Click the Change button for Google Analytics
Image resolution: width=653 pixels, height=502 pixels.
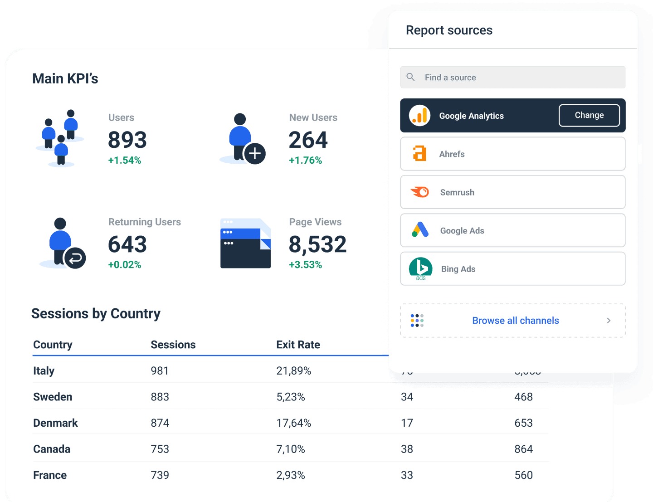pyautogui.click(x=589, y=116)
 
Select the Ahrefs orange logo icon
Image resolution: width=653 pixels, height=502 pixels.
pyautogui.click(x=420, y=154)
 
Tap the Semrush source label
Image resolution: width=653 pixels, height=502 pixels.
pyautogui.click(x=457, y=192)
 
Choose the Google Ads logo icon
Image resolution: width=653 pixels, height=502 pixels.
pyautogui.click(x=420, y=230)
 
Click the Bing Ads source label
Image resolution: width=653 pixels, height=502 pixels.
pyautogui.click(x=458, y=269)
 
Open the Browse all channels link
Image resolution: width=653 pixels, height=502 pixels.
pyautogui.click(x=516, y=321)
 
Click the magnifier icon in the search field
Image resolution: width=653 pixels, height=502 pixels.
pyautogui.click(x=411, y=77)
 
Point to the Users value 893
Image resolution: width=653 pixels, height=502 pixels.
pyautogui.click(x=127, y=140)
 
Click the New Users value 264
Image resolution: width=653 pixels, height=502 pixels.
pyautogui.click(x=308, y=140)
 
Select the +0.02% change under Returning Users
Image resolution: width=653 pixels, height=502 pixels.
pyautogui.click(x=125, y=265)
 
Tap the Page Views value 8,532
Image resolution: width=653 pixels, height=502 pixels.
pyautogui.click(x=318, y=244)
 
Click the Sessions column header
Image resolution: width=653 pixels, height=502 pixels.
pyautogui.click(x=173, y=345)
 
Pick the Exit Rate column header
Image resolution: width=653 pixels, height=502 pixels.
pyautogui.click(x=298, y=345)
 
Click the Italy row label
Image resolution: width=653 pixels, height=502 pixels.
pyautogui.click(x=44, y=371)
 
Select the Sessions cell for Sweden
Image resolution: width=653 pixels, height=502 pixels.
pyautogui.click(x=160, y=397)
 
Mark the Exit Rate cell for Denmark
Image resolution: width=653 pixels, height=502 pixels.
pyautogui.click(x=294, y=423)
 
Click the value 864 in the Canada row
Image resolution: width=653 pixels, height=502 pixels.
pyautogui.click(x=524, y=449)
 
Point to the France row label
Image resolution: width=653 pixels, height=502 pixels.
pyautogui.click(x=50, y=475)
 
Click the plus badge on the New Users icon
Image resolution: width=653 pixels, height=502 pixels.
pyautogui.click(x=255, y=153)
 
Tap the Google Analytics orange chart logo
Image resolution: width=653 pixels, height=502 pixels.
pyautogui.click(x=420, y=115)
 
